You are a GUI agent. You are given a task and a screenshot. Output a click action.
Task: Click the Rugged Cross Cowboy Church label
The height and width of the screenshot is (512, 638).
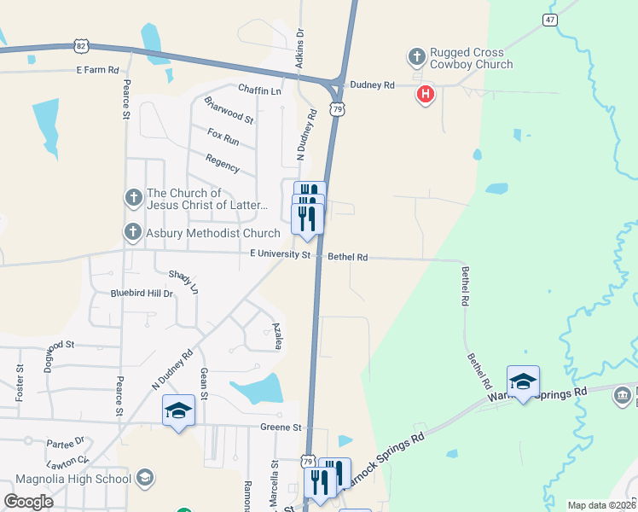[x=472, y=58]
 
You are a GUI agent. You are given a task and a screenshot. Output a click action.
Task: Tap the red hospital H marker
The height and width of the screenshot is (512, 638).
[x=425, y=94]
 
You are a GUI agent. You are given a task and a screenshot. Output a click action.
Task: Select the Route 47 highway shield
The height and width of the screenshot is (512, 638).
[x=550, y=19]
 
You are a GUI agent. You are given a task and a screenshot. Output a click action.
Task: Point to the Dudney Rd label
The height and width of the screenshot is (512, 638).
[x=372, y=85]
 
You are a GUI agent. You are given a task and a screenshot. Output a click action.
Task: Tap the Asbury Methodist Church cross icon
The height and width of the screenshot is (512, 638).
[x=133, y=232]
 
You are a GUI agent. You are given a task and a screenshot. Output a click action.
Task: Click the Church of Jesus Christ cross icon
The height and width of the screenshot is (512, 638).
[x=133, y=199]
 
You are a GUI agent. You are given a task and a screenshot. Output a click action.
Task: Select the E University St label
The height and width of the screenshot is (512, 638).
[x=281, y=254]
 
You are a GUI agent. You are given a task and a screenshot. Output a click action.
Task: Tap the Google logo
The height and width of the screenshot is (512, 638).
[x=28, y=501]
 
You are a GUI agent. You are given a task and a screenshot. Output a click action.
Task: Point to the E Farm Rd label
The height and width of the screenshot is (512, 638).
[x=97, y=70]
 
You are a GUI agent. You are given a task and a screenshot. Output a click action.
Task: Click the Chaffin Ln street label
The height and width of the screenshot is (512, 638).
[x=259, y=90]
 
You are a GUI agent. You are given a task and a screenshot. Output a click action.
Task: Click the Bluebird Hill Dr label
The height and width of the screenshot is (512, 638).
[x=142, y=294]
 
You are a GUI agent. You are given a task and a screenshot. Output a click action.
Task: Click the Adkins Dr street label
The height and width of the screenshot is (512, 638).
[x=299, y=51]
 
